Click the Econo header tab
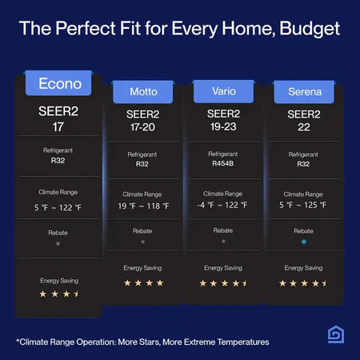60,82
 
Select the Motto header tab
143,91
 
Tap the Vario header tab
223,91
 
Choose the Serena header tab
304,91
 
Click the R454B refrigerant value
223,163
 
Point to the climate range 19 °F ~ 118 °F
142,205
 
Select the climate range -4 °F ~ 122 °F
223,205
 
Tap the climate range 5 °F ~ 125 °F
304,205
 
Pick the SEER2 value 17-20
142,126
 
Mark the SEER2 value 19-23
223,126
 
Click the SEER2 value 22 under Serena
304,126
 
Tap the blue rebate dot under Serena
304,240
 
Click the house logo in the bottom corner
334,335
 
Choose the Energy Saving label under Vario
223,267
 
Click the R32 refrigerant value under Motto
142,163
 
